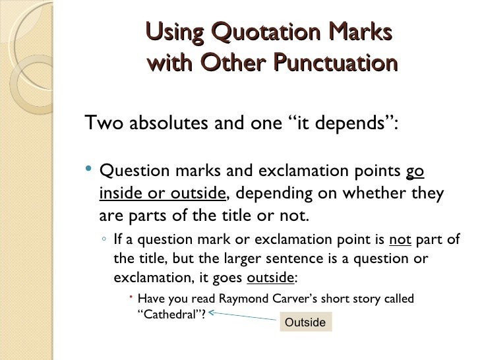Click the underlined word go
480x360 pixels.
(x=415, y=172)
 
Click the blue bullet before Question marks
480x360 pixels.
(x=90, y=171)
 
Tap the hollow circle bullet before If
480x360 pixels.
(x=104, y=239)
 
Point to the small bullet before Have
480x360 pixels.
(x=132, y=297)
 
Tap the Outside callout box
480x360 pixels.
(x=305, y=322)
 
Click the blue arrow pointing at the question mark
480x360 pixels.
(x=244, y=317)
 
